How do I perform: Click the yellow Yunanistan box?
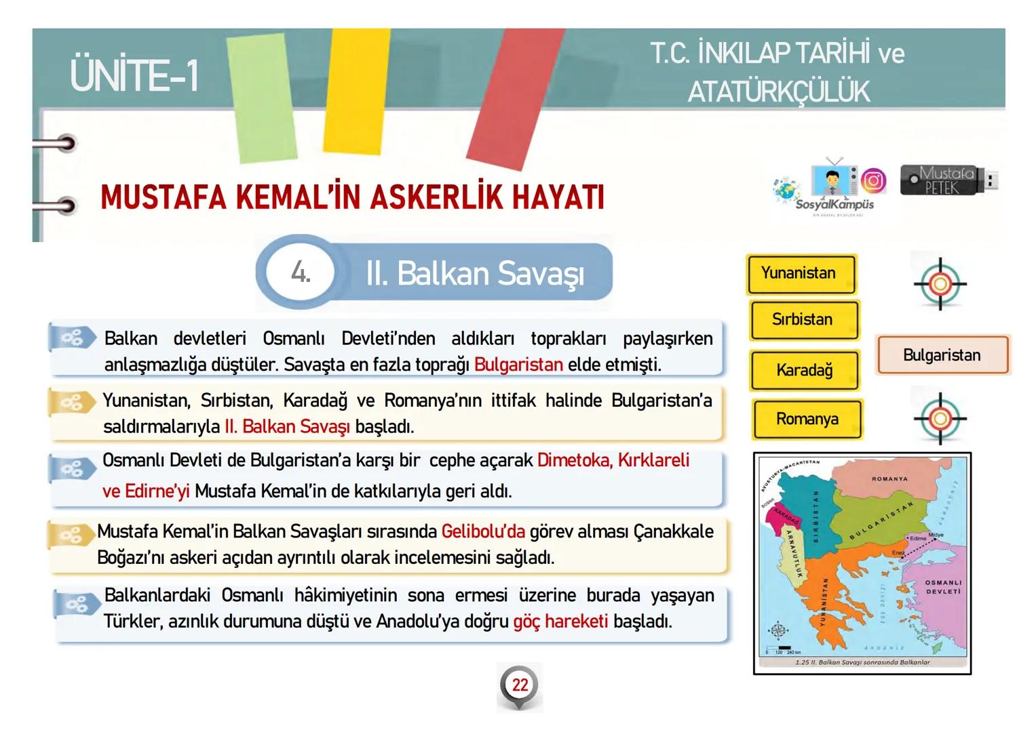click(x=801, y=274)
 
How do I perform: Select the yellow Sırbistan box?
click(x=804, y=320)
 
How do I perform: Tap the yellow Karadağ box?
click(x=804, y=371)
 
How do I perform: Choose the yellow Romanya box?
click(x=807, y=420)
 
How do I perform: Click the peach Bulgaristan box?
click(x=942, y=355)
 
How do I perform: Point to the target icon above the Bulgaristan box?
click(x=940, y=284)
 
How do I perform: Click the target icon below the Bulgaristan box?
click(x=940, y=418)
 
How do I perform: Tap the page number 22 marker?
click(x=520, y=685)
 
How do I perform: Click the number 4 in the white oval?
click(x=301, y=272)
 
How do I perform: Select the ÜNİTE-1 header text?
click(x=134, y=75)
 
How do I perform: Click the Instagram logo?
click(x=873, y=181)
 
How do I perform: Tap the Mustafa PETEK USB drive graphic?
click(x=948, y=181)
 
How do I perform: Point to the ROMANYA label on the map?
click(x=889, y=479)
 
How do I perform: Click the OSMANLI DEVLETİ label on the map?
click(x=943, y=587)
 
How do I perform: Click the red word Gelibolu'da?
click(x=483, y=531)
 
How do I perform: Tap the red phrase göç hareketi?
click(x=560, y=622)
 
